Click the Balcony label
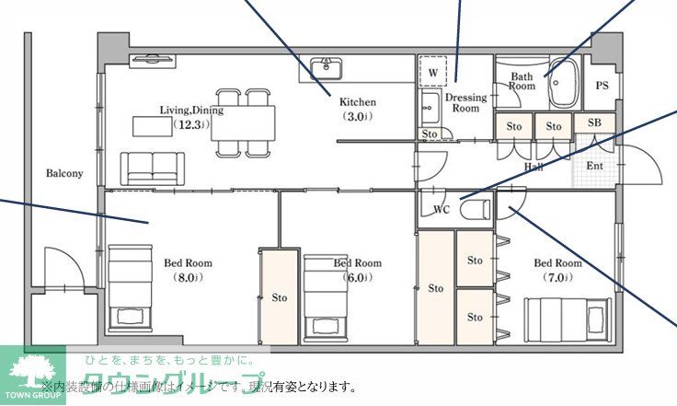[x=64, y=173]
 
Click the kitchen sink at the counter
[x=326, y=68]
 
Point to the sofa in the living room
[x=153, y=167]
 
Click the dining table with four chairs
[x=243, y=121]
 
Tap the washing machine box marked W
[x=432, y=70]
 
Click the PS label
[x=602, y=86]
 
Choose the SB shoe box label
[x=594, y=123]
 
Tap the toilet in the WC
[x=475, y=209]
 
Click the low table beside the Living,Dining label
[x=150, y=125]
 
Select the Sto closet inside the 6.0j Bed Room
[x=279, y=296]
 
